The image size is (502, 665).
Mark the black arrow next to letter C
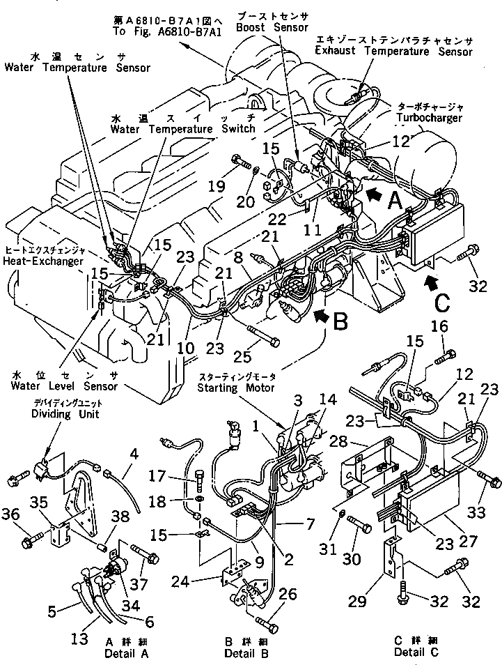pos(432,282)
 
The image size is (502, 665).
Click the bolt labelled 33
pos(490,482)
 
